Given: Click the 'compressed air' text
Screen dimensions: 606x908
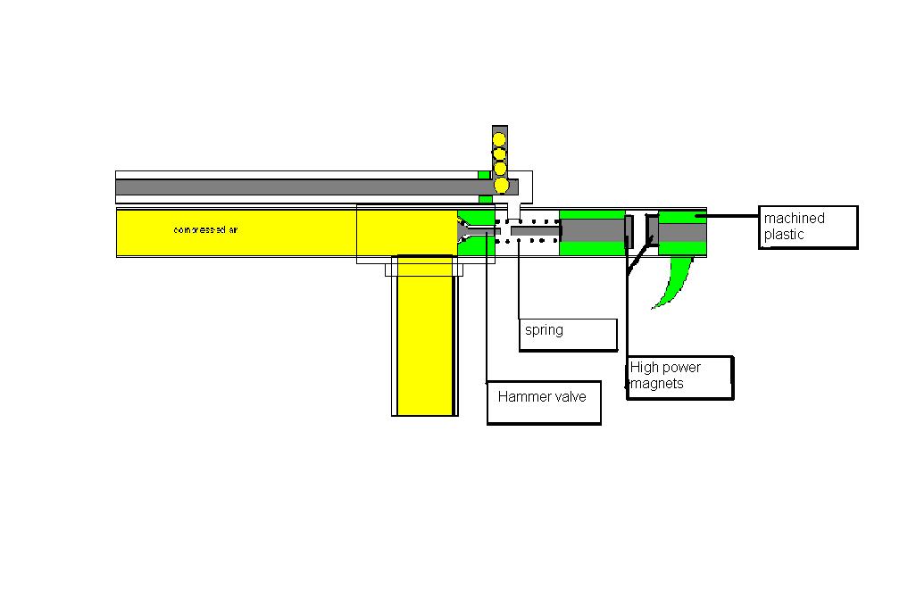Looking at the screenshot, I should pos(206,230).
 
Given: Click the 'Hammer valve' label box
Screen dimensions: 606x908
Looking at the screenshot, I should pos(543,403).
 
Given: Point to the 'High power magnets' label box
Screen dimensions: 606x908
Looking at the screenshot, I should pos(679,378).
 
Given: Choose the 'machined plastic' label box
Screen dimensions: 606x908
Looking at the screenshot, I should pos(808,227).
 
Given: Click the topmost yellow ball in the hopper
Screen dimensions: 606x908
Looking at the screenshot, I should pos(500,139).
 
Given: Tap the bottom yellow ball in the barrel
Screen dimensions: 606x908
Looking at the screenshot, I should pos(501,186).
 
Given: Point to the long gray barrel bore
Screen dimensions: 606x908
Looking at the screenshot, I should pos(304,187).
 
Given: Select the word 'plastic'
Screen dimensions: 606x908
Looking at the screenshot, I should pos(784,235).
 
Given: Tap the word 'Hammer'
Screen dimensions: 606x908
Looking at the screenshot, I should pos(520,396).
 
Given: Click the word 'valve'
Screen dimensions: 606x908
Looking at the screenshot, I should pos(568,396).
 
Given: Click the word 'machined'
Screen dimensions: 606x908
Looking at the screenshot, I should pos(794,219).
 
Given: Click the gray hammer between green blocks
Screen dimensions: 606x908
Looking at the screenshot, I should pos(592,231).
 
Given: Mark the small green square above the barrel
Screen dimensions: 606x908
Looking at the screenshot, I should pos(484,174).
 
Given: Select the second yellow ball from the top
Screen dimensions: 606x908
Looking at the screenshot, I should pos(500,154).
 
